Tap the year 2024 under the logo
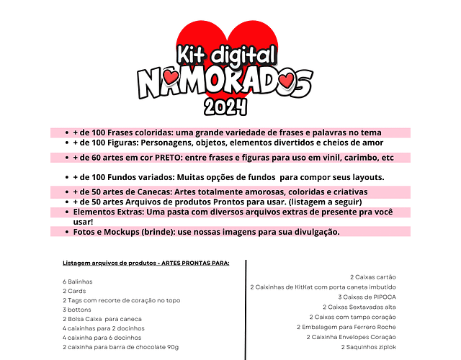click(226, 107)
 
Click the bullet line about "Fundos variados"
click(229, 177)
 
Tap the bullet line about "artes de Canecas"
click(220, 192)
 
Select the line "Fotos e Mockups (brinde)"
click(206, 232)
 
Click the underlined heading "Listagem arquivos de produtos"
click(146, 264)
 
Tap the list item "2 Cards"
click(74, 291)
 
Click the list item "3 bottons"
click(76, 310)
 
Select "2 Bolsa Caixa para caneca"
click(102, 319)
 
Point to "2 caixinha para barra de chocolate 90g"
click(120, 347)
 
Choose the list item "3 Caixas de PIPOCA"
click(365, 297)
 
